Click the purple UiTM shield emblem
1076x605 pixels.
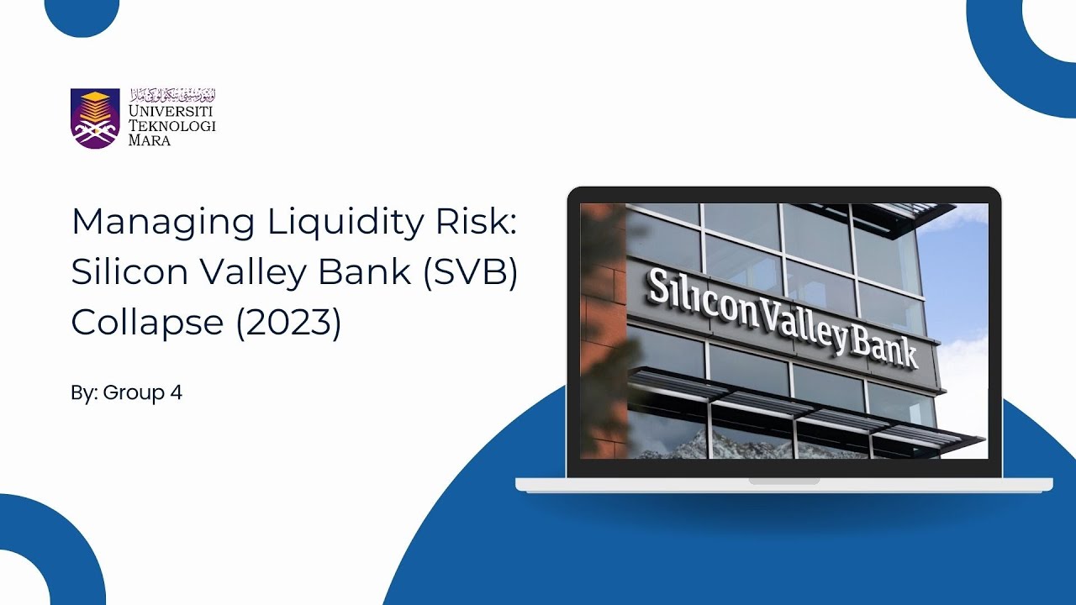pyautogui.click(x=95, y=118)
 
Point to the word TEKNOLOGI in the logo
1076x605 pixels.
pyautogui.click(x=171, y=126)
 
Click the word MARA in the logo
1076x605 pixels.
pyautogui.click(x=150, y=140)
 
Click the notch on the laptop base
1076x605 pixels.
pyautogui.click(x=783, y=481)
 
